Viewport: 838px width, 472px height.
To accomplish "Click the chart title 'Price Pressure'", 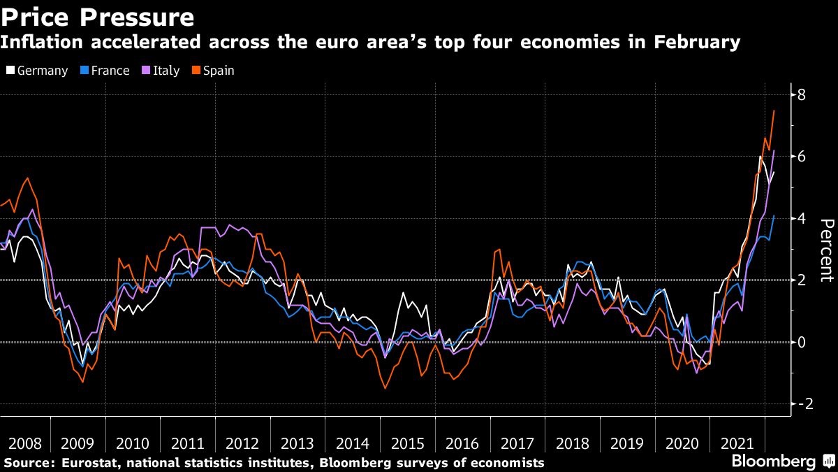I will [x=97, y=16].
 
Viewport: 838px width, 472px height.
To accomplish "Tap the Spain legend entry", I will [x=212, y=71].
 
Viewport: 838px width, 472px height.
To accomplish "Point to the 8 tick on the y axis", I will [x=801, y=94].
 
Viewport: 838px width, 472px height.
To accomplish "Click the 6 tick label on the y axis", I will [x=801, y=157].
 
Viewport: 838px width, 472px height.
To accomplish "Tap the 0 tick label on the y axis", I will [x=801, y=342].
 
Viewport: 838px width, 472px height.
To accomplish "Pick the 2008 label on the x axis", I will [x=24, y=444].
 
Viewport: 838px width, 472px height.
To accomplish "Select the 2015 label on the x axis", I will [x=408, y=444].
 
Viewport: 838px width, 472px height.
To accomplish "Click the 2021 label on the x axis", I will [x=737, y=444].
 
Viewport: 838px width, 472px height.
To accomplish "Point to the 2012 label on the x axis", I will [x=243, y=444].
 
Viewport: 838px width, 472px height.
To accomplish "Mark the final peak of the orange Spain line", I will [x=774, y=110].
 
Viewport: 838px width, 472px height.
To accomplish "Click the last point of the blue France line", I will [x=774, y=215].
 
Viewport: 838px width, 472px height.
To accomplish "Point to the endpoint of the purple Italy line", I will [x=774, y=150].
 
